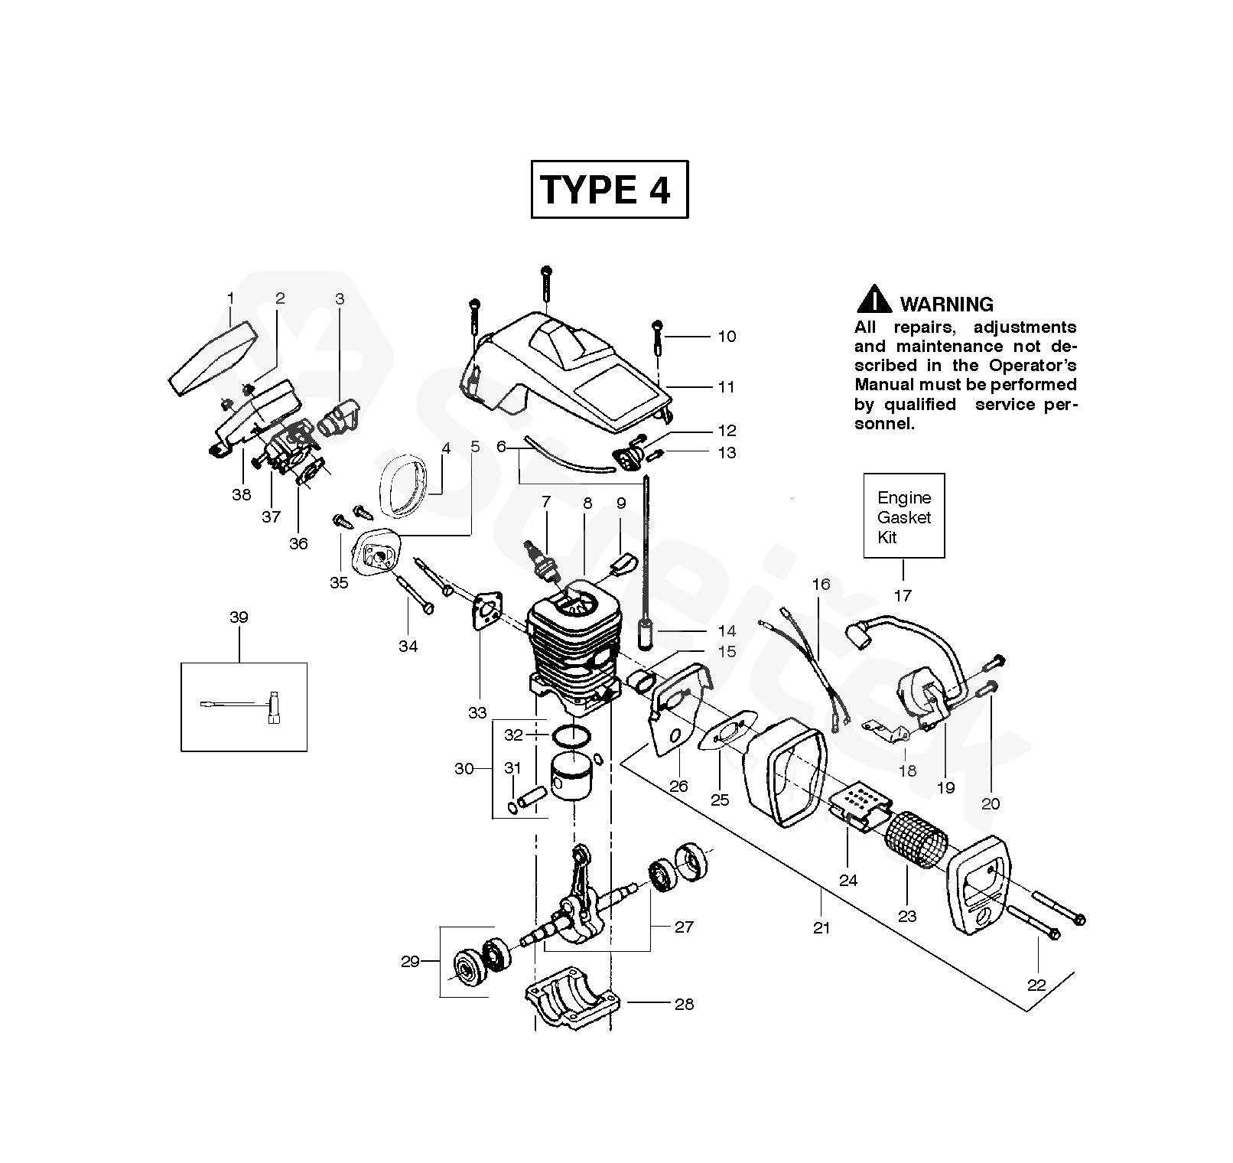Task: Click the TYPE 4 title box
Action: tap(609, 189)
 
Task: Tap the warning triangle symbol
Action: tap(874, 300)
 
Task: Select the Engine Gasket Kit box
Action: tap(903, 516)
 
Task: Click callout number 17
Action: tap(903, 595)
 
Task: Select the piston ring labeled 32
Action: tap(571, 736)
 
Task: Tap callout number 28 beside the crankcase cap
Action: tap(684, 1003)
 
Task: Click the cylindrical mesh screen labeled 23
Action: tap(916, 839)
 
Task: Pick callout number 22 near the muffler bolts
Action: tap(1036, 985)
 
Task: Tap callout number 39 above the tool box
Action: tap(239, 617)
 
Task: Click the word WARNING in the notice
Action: tap(946, 305)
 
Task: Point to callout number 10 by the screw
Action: tap(726, 336)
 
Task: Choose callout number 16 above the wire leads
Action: tap(820, 585)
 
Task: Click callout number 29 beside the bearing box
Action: tap(410, 961)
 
